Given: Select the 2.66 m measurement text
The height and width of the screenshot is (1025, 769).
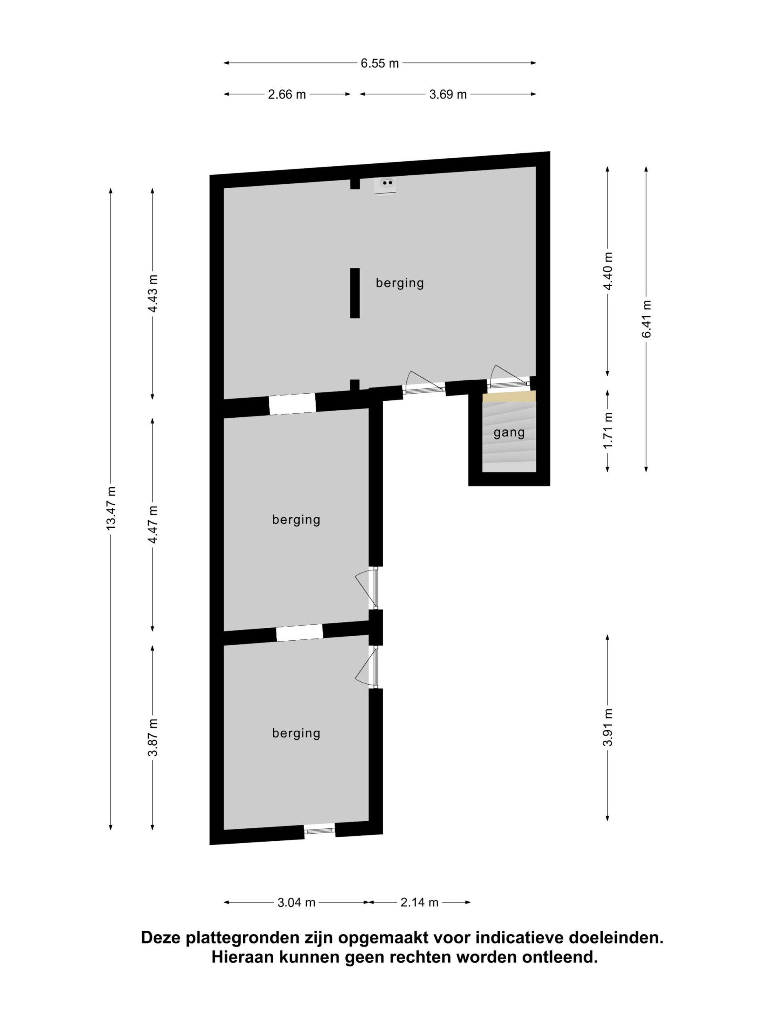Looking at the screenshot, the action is (287, 94).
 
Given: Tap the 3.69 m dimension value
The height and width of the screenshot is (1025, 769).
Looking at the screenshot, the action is (448, 94).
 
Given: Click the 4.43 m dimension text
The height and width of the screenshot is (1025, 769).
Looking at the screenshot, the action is (153, 293).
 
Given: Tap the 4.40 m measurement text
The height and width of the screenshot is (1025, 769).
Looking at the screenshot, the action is (608, 271).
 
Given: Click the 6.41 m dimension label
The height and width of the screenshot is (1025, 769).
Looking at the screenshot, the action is (646, 319).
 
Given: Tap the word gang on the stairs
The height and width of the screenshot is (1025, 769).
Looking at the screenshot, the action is (509, 433).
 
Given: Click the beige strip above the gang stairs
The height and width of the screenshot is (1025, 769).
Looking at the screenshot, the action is (509, 396).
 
